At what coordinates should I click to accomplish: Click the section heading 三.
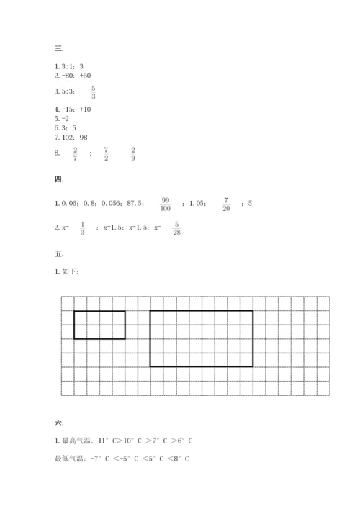(58, 49)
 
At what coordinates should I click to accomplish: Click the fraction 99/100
(166, 204)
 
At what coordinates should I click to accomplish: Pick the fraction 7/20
(226, 204)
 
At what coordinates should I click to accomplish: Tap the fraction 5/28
(176, 228)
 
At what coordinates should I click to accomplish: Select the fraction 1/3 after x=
(83, 228)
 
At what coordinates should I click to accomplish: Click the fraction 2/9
(134, 153)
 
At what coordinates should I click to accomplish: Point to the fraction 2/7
(75, 153)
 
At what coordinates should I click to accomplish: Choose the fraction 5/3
(94, 92)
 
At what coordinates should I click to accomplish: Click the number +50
(85, 75)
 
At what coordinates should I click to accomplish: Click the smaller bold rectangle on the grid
(99, 325)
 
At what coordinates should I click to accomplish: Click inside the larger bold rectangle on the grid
(201, 338)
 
